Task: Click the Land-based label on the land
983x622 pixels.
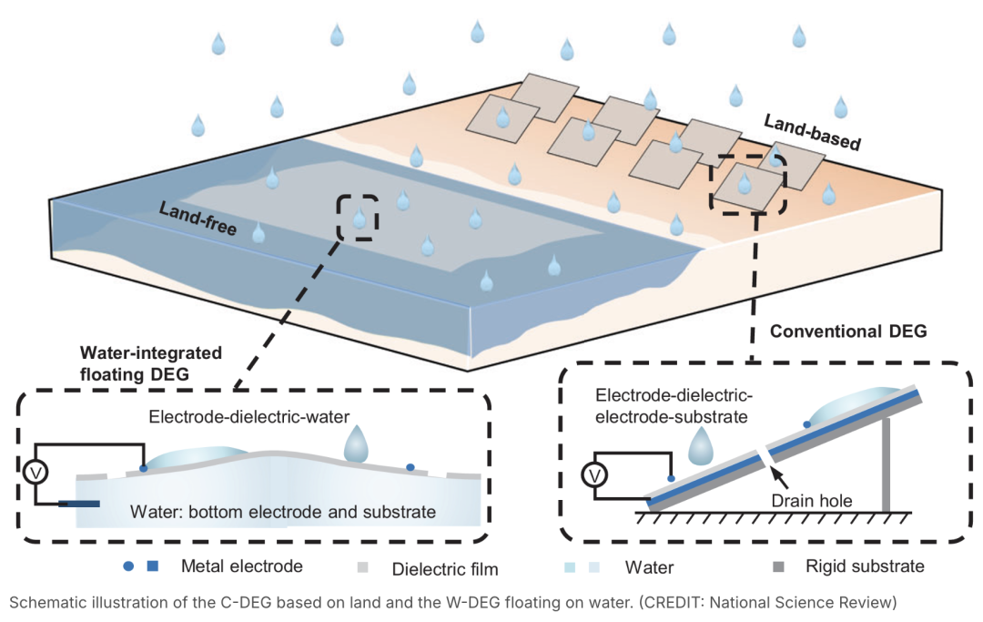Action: [x=812, y=132]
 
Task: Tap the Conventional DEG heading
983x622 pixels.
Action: [x=848, y=332]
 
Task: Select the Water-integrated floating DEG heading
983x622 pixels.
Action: [x=151, y=362]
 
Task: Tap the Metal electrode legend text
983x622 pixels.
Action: [x=241, y=566]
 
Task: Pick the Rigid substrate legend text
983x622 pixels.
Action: [x=865, y=566]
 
